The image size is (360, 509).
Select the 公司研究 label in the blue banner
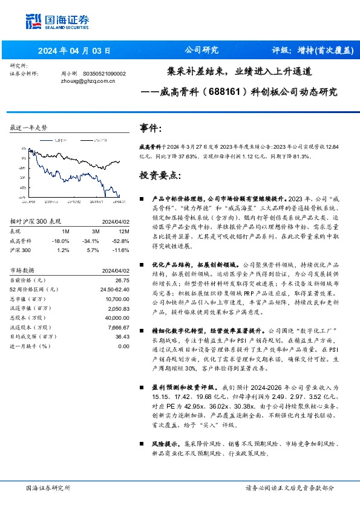tap(200, 51)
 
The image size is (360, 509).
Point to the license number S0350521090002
tap(104, 73)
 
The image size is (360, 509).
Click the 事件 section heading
tap(151, 128)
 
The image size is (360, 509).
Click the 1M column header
tap(65, 231)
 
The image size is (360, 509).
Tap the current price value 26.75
tap(122, 280)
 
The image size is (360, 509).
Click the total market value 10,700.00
tap(116, 299)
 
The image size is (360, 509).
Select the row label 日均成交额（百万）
tap(33, 336)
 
